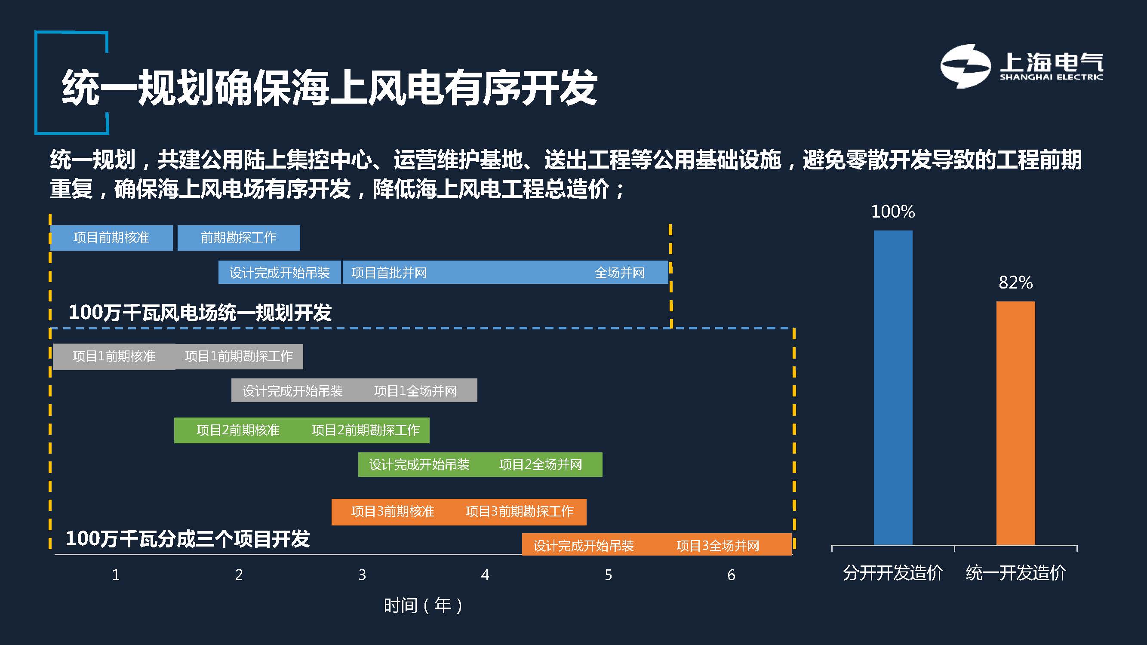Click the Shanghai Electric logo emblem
(x=966, y=66)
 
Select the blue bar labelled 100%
(x=893, y=388)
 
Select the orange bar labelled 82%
(x=1016, y=423)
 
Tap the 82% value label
(x=1016, y=282)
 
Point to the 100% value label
(x=893, y=212)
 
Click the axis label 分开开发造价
(x=893, y=573)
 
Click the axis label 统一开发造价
(x=1016, y=573)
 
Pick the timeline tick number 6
(x=731, y=574)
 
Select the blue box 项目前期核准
(x=111, y=238)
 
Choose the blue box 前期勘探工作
(x=239, y=238)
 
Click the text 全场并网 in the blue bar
(x=620, y=273)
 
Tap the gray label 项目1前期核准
(x=114, y=356)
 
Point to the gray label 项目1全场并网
(x=415, y=391)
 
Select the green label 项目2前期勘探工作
(x=366, y=430)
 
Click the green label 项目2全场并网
(x=541, y=465)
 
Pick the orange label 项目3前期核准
(x=393, y=511)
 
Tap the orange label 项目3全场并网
(x=718, y=546)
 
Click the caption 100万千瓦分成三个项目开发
(x=188, y=539)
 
